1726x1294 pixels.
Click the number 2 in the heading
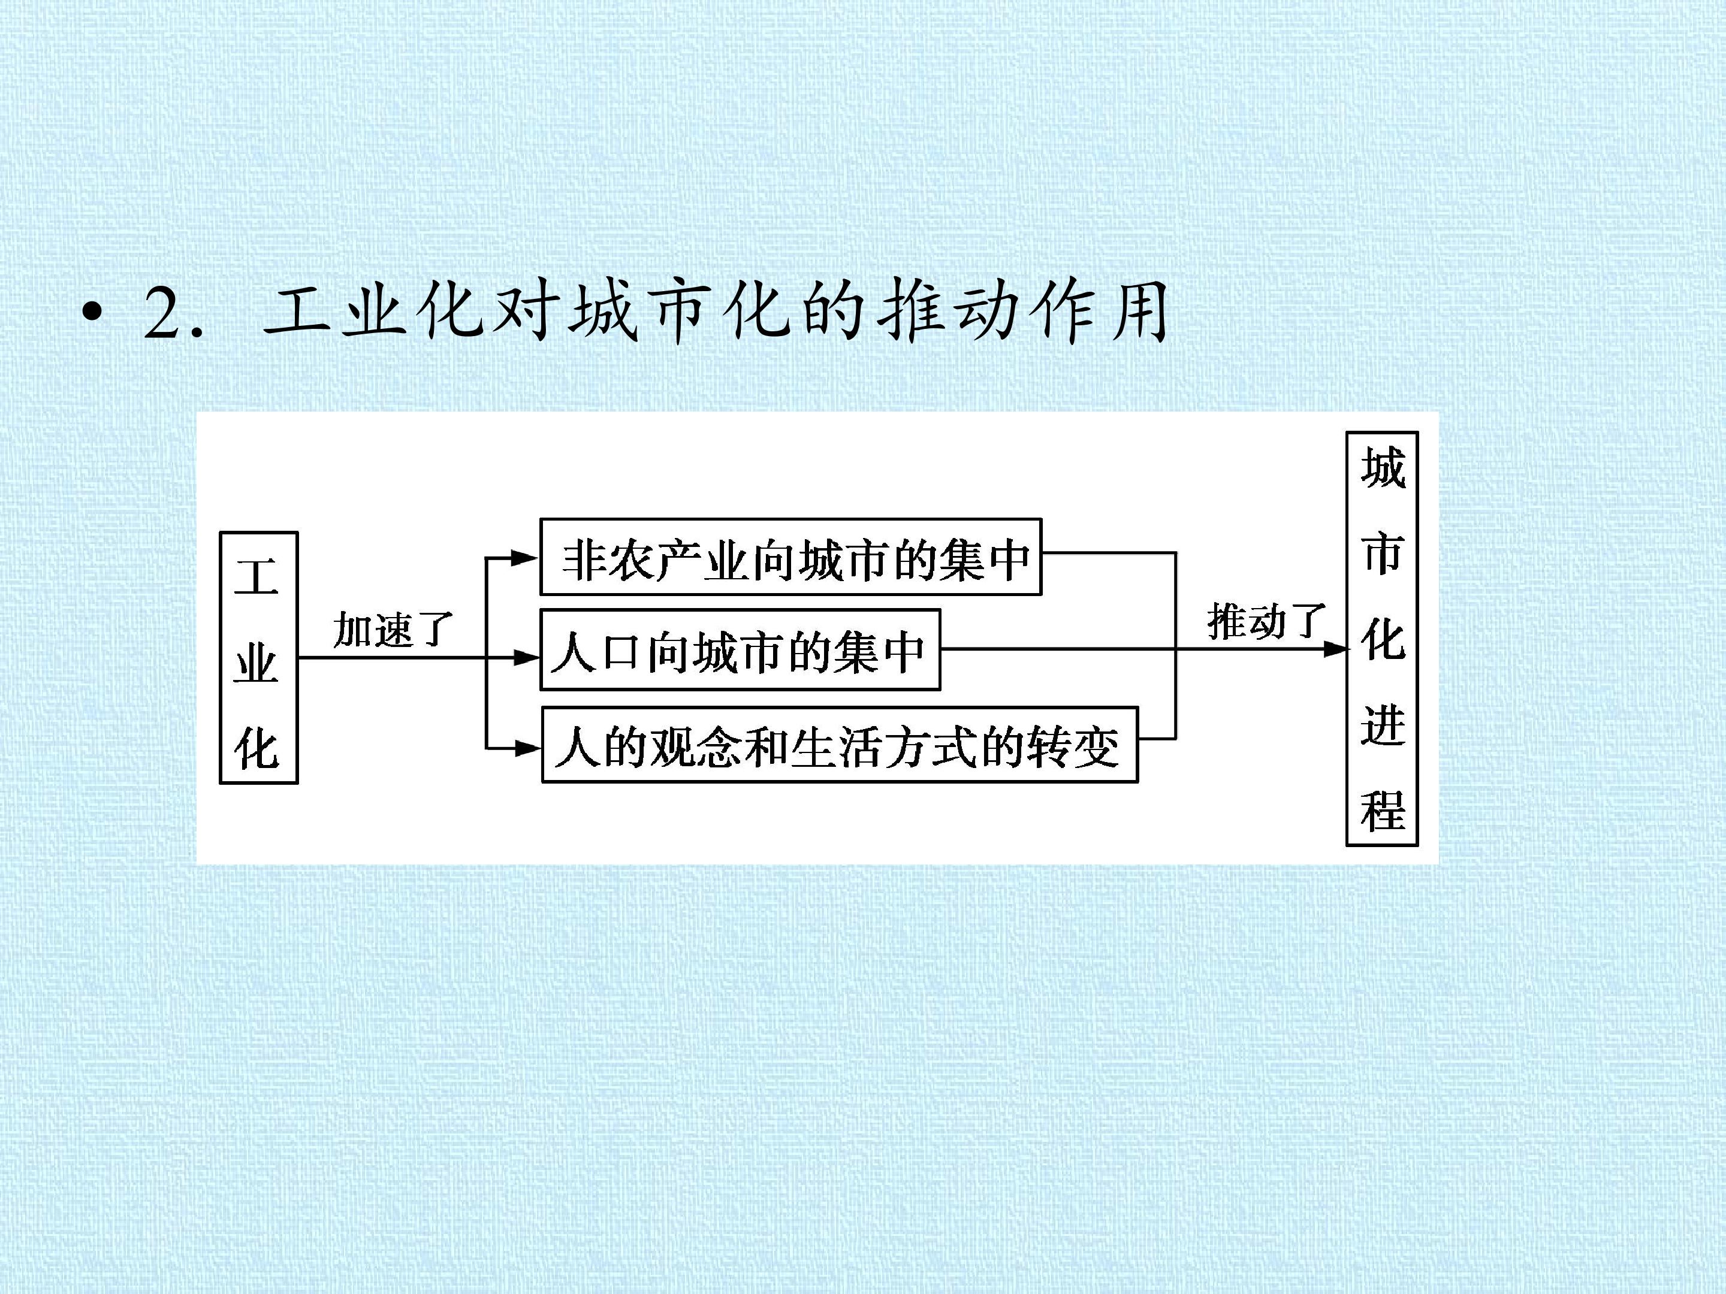click(162, 313)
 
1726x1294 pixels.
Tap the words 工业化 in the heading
click(375, 312)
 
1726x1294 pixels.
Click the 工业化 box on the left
click(258, 658)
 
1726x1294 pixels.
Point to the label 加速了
click(393, 628)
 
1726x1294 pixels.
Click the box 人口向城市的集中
click(740, 650)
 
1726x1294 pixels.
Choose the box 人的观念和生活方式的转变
click(840, 745)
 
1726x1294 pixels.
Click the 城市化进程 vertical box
click(1382, 638)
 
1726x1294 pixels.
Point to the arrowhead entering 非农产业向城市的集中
click(524, 558)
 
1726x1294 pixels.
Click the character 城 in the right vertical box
click(1383, 468)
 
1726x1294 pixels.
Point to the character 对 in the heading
click(524, 312)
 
